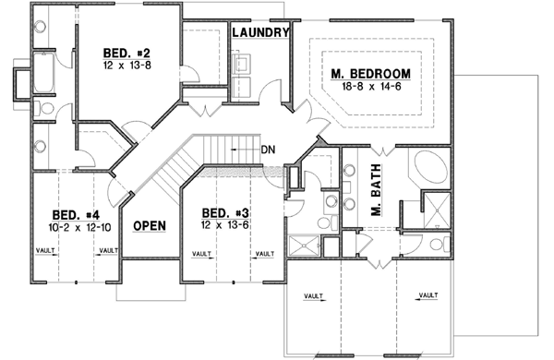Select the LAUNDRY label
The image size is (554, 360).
click(261, 32)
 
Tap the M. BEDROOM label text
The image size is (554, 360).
click(370, 73)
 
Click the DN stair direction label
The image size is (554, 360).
click(268, 149)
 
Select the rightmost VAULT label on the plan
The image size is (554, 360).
click(427, 295)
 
